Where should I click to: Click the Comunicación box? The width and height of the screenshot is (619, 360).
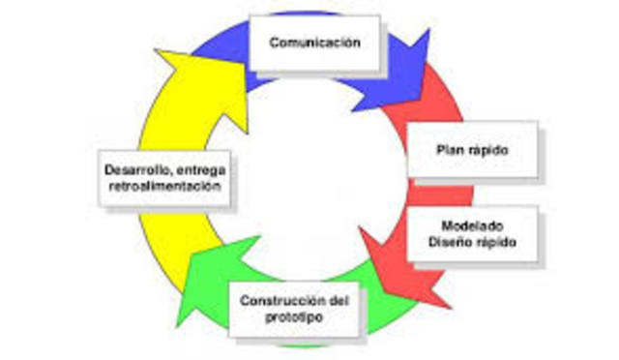[314, 44]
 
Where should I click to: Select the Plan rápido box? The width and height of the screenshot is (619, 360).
[472, 150]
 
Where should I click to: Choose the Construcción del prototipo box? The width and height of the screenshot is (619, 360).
[291, 308]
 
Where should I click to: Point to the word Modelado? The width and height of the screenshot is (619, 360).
[473, 224]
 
